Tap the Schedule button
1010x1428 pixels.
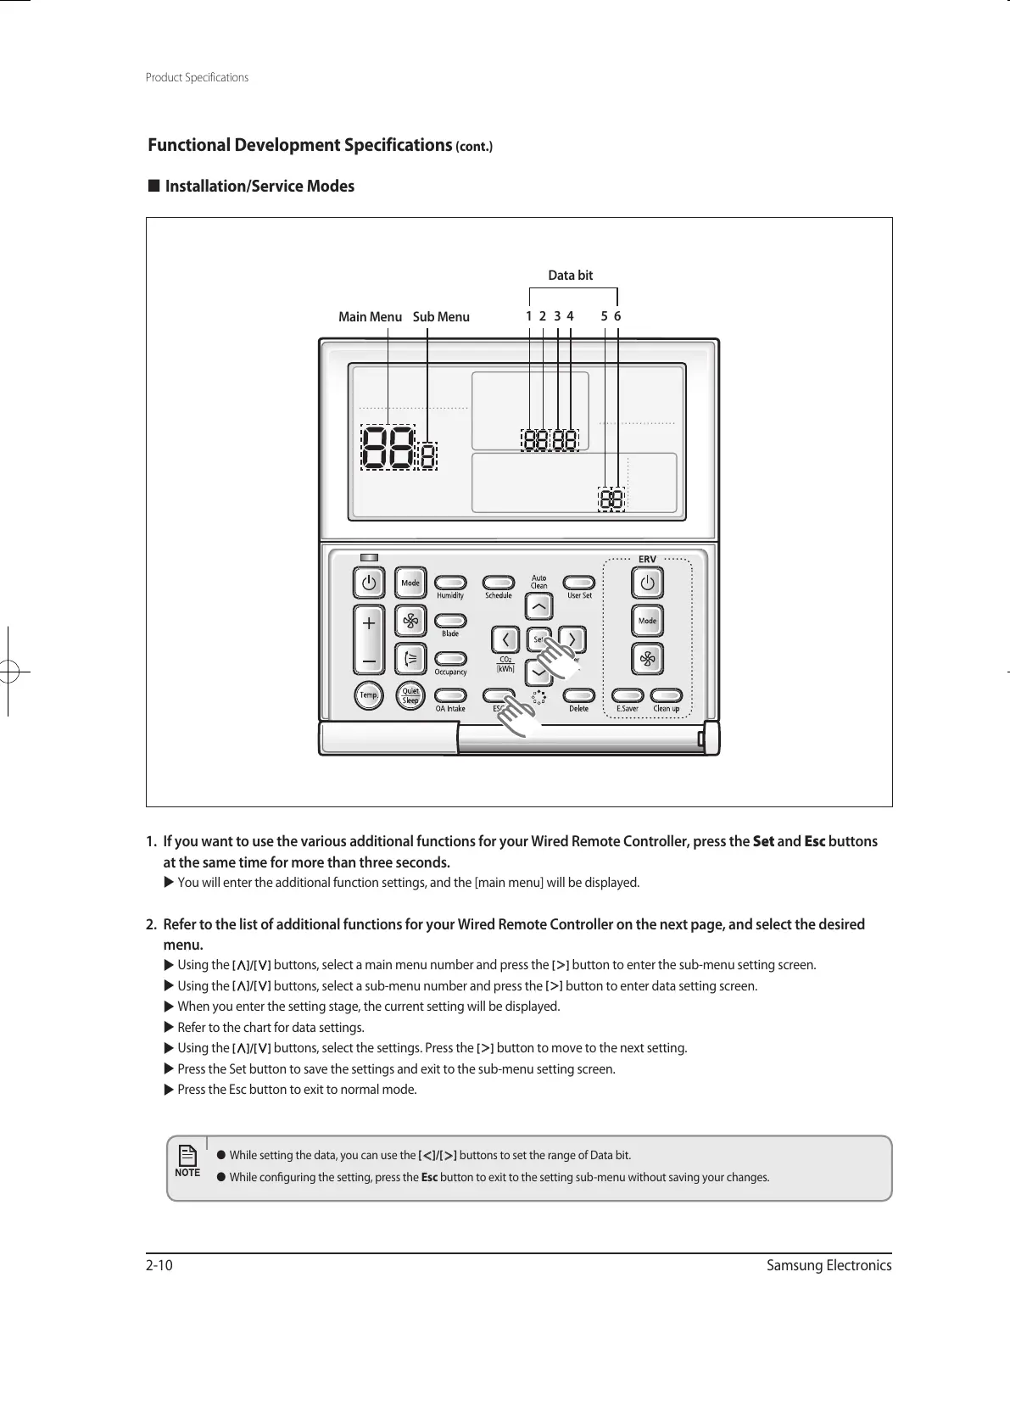pos(499,583)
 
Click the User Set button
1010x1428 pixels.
pos(579,583)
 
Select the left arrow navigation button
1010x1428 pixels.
pos(505,639)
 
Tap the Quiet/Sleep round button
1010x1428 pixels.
pos(410,695)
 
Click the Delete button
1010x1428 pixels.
pos(578,695)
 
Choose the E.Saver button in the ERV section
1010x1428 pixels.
pos(628,695)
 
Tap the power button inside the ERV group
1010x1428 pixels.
pos(647,583)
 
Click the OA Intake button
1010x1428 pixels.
pos(450,695)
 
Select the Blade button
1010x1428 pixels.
pos(450,621)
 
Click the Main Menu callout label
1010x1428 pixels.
pos(370,317)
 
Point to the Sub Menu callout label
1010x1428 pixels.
pos(441,317)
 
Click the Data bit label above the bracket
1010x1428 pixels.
pos(571,276)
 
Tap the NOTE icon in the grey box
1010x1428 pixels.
pos(187,1160)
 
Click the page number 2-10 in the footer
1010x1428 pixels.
pos(159,1266)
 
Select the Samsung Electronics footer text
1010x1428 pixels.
pos(829,1266)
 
